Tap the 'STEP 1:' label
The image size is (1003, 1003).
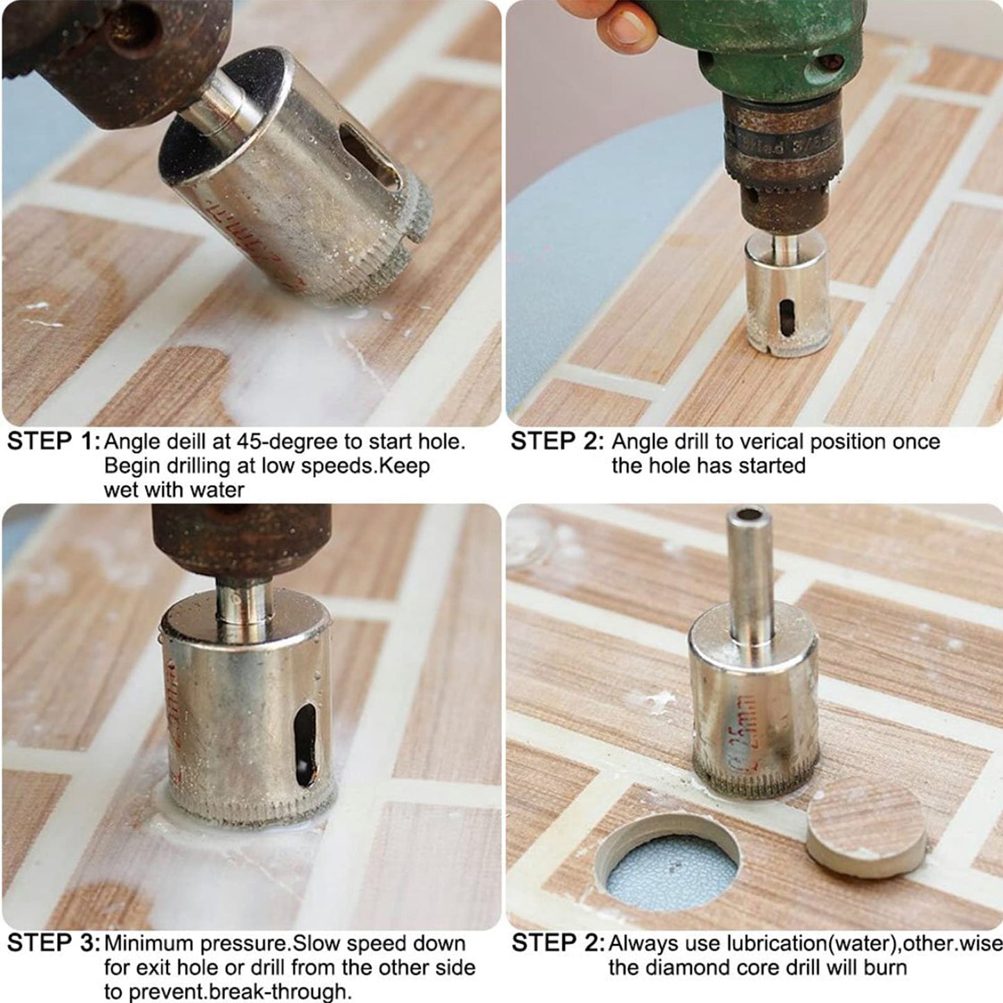pos(53,441)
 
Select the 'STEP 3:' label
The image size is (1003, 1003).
pos(53,943)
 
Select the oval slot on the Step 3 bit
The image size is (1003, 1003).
pos(304,743)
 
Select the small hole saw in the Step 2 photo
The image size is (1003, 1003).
pos(786,298)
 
